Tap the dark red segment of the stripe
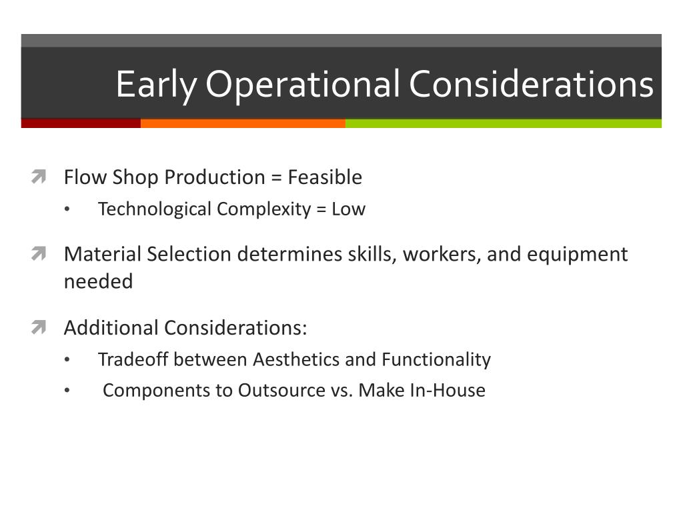[81, 123]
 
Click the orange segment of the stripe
[243, 123]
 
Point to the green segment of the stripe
[504, 123]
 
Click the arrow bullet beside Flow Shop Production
[38, 177]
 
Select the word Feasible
[325, 177]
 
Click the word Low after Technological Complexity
[349, 209]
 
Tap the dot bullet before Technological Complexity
[67, 210]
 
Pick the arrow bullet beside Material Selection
[38, 254]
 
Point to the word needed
[98, 281]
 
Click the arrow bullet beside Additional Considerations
[38, 328]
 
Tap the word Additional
[111, 328]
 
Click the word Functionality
[436, 360]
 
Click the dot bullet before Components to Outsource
[67, 391]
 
